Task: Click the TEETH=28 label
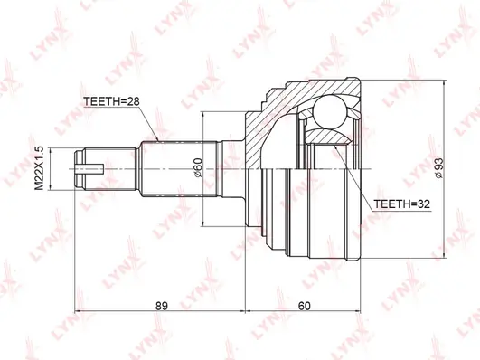tap(111, 101)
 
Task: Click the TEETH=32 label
tap(402, 204)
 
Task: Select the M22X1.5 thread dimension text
tap(39, 168)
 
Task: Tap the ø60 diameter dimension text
tap(198, 167)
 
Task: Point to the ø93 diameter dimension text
tap(438, 168)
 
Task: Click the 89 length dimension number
tap(162, 306)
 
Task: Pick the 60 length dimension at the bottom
tap(304, 306)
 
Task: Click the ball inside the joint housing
tap(330, 112)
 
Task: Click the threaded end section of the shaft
tap(106, 169)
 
